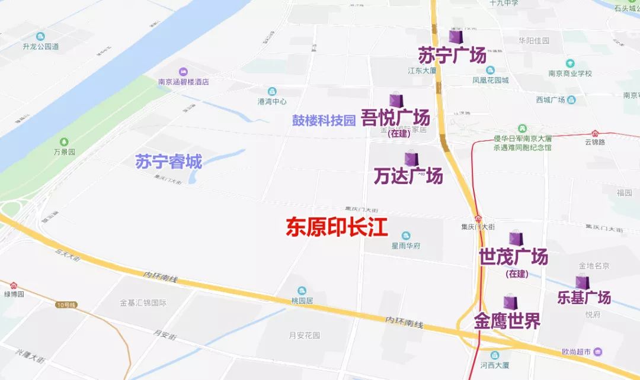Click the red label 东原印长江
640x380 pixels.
click(337, 227)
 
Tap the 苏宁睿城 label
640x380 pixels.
click(169, 162)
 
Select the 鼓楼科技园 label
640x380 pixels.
click(324, 120)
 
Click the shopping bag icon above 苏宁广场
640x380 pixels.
click(456, 37)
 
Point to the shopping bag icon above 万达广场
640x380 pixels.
click(411, 159)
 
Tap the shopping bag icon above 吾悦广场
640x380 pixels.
click(396, 101)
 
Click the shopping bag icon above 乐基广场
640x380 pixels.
click(583, 283)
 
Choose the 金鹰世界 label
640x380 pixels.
click(507, 321)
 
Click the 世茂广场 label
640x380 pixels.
click(513, 257)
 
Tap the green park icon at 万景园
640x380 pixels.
click(64, 142)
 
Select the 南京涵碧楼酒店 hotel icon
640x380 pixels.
click(183, 72)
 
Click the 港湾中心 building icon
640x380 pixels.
click(272, 92)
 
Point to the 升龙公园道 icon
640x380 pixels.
click(40, 37)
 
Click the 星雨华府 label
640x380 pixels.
click(405, 246)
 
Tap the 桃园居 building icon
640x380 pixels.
click(302, 291)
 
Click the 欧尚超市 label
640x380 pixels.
click(576, 352)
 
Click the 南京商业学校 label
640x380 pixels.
click(570, 73)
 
